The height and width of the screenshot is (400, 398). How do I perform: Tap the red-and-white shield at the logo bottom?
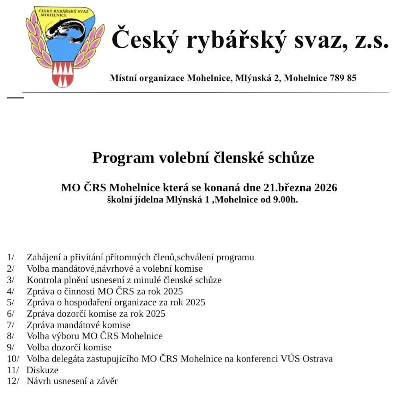62,74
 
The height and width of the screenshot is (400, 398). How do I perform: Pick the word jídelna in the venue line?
149,200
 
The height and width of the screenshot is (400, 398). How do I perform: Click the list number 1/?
11,257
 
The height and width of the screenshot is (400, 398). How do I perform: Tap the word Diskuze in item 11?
42,370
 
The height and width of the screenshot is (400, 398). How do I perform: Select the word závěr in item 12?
107,381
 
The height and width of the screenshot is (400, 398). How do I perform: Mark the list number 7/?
11,325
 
